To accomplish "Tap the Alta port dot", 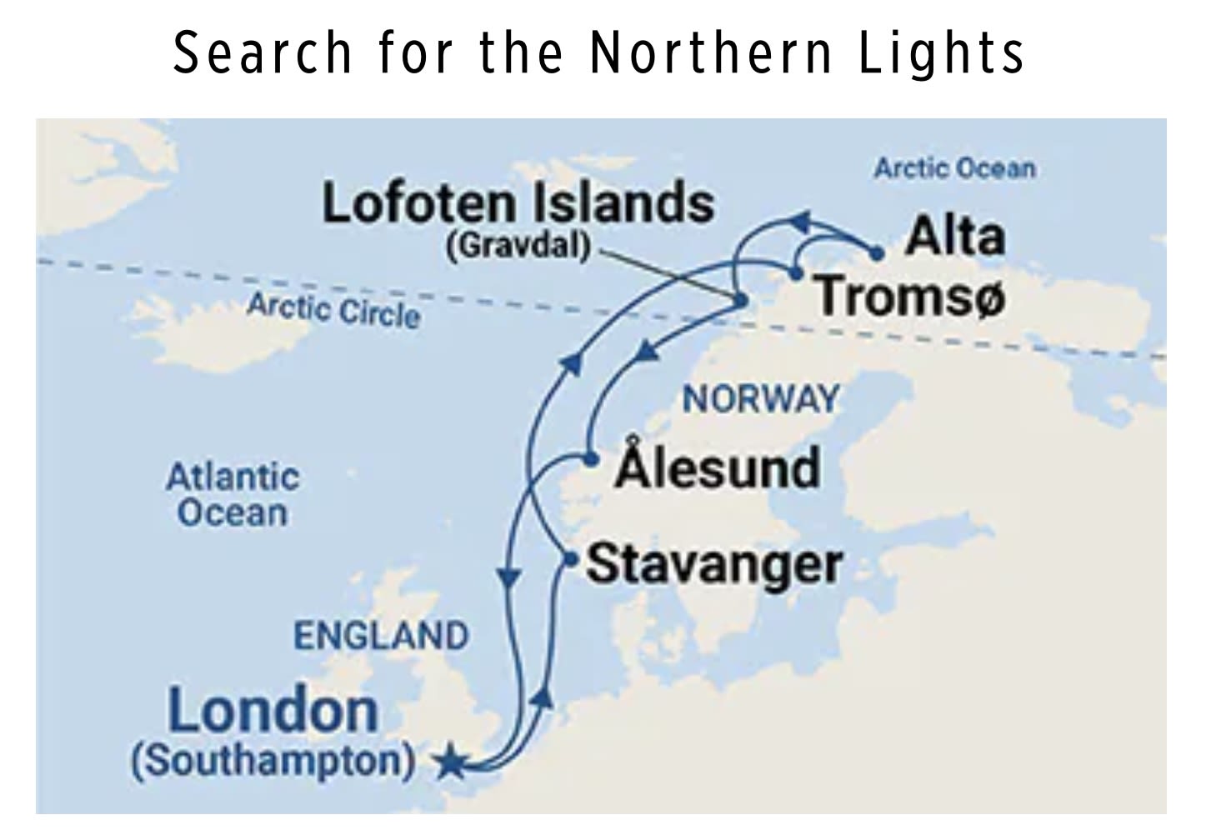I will tap(876, 253).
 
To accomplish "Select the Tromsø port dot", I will tap(796, 272).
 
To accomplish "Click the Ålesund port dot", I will tap(590, 459).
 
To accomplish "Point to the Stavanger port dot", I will tap(570, 559).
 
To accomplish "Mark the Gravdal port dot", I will tap(739, 300).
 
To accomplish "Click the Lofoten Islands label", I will tap(518, 202).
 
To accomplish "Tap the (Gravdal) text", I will tap(518, 245).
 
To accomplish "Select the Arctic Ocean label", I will tap(954, 168).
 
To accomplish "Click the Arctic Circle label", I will tap(333, 310).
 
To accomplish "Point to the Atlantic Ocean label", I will tap(233, 495).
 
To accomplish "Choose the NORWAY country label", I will tap(760, 399).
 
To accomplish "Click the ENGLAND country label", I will tap(381, 636).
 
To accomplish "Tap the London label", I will tap(273, 711).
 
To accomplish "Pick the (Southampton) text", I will tap(273, 761).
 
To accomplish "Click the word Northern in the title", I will tap(711, 52).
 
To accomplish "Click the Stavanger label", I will tap(714, 564).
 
